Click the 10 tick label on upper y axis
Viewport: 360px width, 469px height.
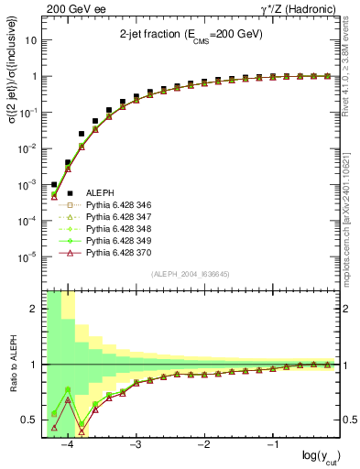31,41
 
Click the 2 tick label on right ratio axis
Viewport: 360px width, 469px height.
349,309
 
